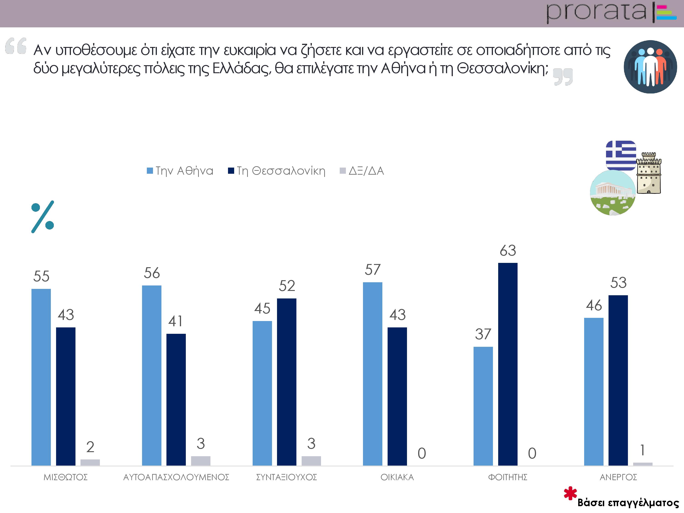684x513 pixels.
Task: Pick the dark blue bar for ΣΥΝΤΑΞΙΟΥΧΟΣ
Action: click(286, 382)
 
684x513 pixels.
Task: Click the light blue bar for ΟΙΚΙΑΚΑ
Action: click(372, 373)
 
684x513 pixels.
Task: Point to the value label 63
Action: click(508, 251)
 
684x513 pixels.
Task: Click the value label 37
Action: click(483, 334)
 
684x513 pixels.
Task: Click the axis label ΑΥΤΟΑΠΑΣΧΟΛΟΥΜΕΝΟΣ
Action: click(176, 477)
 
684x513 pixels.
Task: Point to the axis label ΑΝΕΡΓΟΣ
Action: click(618, 477)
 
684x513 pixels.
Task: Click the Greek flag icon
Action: click(621, 155)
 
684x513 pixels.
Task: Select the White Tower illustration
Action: click(648, 173)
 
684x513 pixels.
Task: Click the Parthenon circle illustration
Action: click(613, 192)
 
